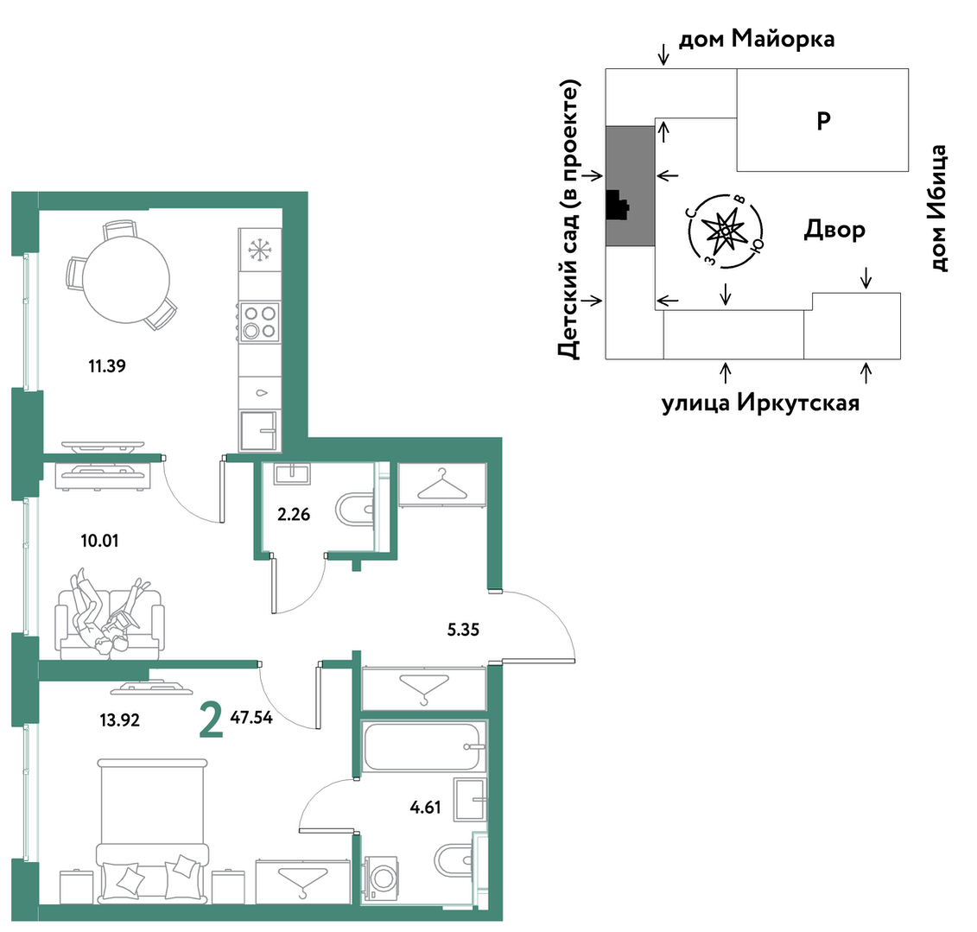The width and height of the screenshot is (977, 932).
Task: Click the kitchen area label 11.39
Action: (107, 365)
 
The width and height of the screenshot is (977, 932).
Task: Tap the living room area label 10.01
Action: (99, 541)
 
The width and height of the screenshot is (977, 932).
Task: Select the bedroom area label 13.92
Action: (119, 720)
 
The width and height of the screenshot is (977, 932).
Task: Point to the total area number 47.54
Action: (251, 718)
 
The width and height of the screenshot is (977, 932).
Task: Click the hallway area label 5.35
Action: (463, 630)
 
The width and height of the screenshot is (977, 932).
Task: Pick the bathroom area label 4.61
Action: (426, 808)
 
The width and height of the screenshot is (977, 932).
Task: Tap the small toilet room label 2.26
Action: (294, 515)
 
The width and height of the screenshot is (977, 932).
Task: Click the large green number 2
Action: (212, 720)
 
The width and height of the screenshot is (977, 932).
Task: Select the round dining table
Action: (126, 279)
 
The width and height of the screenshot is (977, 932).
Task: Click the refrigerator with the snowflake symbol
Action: (259, 250)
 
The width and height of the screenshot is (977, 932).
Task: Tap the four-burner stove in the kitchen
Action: (259, 321)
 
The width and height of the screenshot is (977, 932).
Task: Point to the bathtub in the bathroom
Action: (423, 746)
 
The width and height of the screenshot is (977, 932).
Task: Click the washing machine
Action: (381, 878)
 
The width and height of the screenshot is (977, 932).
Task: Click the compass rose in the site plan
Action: (726, 231)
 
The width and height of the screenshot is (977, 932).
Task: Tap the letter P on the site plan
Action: (824, 120)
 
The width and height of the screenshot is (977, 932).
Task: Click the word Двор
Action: (834, 230)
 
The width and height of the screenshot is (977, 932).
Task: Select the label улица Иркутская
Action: (760, 403)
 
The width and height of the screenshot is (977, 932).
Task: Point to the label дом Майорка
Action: (757, 39)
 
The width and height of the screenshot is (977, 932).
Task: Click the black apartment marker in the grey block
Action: (616, 205)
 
